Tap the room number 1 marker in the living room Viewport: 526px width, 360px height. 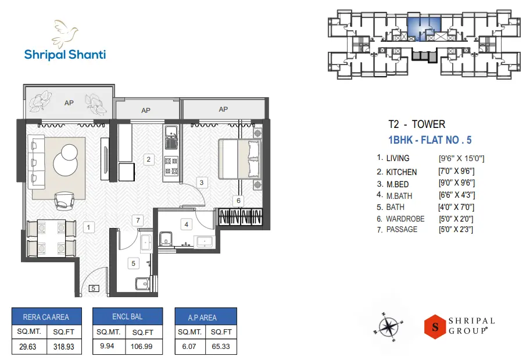pyautogui.click(x=88, y=227)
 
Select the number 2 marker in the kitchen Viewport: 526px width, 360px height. pyautogui.click(x=149, y=159)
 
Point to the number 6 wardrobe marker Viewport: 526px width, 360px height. pyautogui.click(x=238, y=201)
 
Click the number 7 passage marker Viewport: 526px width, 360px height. pyautogui.click(x=138, y=220)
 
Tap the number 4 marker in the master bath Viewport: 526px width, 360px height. pyautogui.click(x=187, y=224)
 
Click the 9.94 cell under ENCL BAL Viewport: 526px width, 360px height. pyautogui.click(x=108, y=347)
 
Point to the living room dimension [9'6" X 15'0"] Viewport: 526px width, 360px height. pyautogui.click(x=461, y=158)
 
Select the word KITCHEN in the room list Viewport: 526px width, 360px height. pyautogui.click(x=401, y=172)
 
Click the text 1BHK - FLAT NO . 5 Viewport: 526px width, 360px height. pyautogui.click(x=429, y=140)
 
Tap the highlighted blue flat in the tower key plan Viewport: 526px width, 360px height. pyautogui.click(x=423, y=27)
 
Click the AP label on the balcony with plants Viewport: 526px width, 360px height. pyautogui.click(x=69, y=103)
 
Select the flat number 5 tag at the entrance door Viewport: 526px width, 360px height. pyautogui.click(x=94, y=288)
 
